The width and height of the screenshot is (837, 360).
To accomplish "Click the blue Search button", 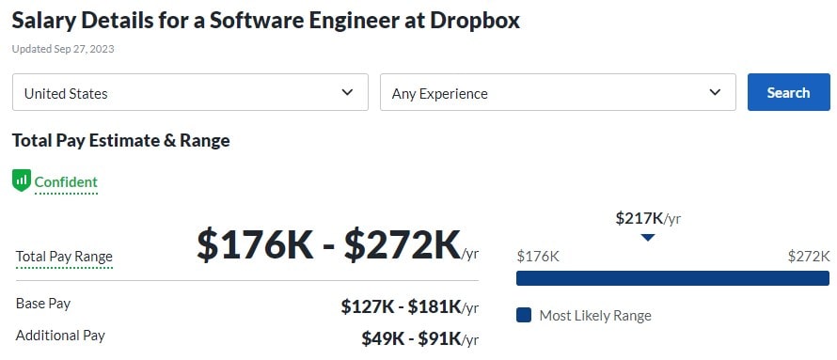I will [x=788, y=92].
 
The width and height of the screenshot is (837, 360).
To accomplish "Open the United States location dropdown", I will [x=190, y=92].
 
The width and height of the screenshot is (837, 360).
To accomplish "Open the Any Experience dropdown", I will [x=557, y=92].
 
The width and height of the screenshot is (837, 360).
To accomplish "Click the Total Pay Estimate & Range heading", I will [x=120, y=140].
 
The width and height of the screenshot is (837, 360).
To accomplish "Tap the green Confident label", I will [x=66, y=181].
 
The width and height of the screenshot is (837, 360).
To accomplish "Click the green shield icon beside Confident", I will [x=22, y=180].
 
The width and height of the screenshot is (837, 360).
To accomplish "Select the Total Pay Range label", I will [x=64, y=257].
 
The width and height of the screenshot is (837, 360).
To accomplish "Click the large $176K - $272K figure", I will [x=328, y=244].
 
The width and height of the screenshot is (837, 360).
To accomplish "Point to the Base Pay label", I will [x=43, y=304].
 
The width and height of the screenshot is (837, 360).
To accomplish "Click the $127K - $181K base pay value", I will [x=401, y=306].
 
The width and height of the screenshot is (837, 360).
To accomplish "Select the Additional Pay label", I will [x=60, y=335].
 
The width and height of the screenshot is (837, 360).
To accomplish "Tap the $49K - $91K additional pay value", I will [x=411, y=338].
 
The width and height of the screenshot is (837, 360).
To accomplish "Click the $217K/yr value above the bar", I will [x=648, y=218].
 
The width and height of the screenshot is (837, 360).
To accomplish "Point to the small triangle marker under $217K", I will [x=647, y=237].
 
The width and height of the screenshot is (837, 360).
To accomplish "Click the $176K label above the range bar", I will [x=538, y=256].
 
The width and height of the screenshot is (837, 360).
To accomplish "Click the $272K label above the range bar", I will [x=809, y=256].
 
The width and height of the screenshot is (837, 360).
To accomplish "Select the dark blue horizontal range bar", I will [x=672, y=278].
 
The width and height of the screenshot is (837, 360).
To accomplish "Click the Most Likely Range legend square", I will [x=524, y=315].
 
